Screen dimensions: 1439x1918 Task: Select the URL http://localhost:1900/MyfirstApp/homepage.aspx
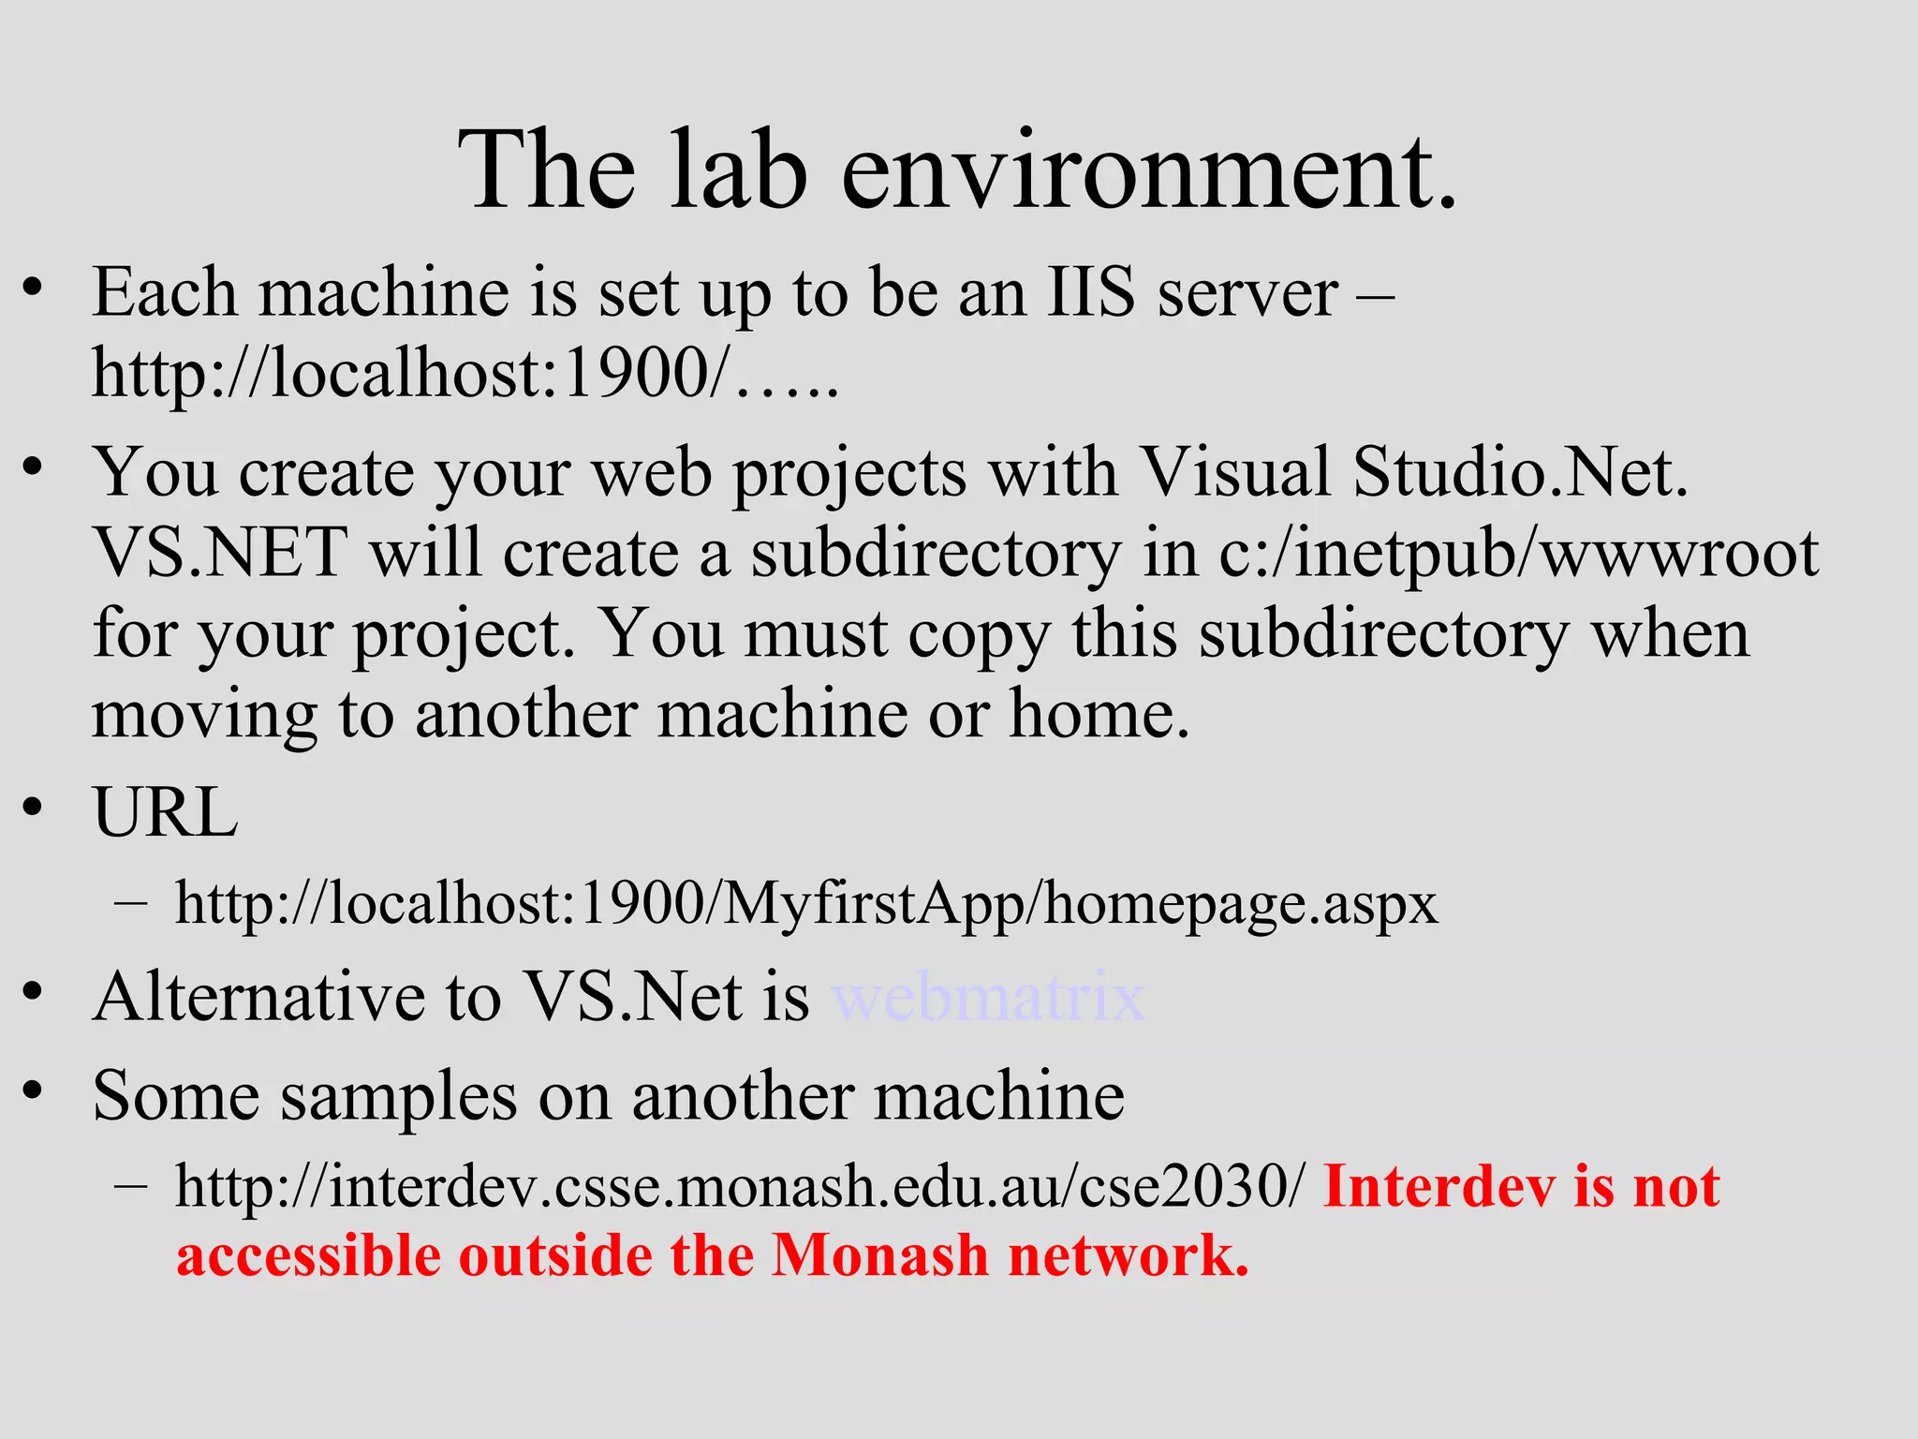point(805,904)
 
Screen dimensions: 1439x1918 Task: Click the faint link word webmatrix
point(988,997)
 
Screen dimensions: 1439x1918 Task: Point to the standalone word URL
point(165,811)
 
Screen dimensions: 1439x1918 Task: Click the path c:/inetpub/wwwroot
point(1518,553)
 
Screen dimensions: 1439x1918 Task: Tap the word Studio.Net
point(1520,471)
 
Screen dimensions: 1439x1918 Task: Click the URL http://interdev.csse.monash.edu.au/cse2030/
point(738,1186)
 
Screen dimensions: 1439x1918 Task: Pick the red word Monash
point(879,1255)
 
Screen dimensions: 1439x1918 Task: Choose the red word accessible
point(308,1255)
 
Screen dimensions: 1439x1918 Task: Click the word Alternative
point(258,997)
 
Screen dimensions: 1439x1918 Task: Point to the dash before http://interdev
point(130,1184)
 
